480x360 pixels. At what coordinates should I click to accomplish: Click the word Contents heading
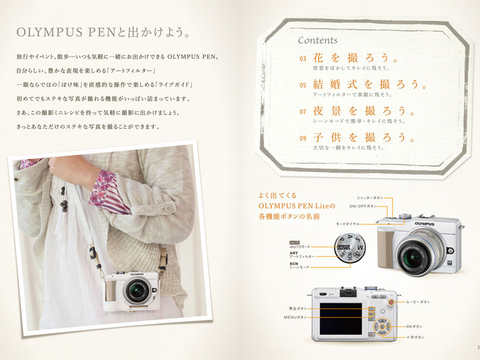pos(317,41)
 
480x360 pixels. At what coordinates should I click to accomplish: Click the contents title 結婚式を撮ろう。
pos(368,84)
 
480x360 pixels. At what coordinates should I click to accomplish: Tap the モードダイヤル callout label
pos(349,223)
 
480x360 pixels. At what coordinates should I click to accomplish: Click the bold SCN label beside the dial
pos(294,263)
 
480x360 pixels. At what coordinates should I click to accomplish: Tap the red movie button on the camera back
pos(391,304)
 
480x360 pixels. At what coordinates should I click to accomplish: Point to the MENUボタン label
pos(295,317)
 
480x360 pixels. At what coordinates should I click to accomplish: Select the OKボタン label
pos(415,326)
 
